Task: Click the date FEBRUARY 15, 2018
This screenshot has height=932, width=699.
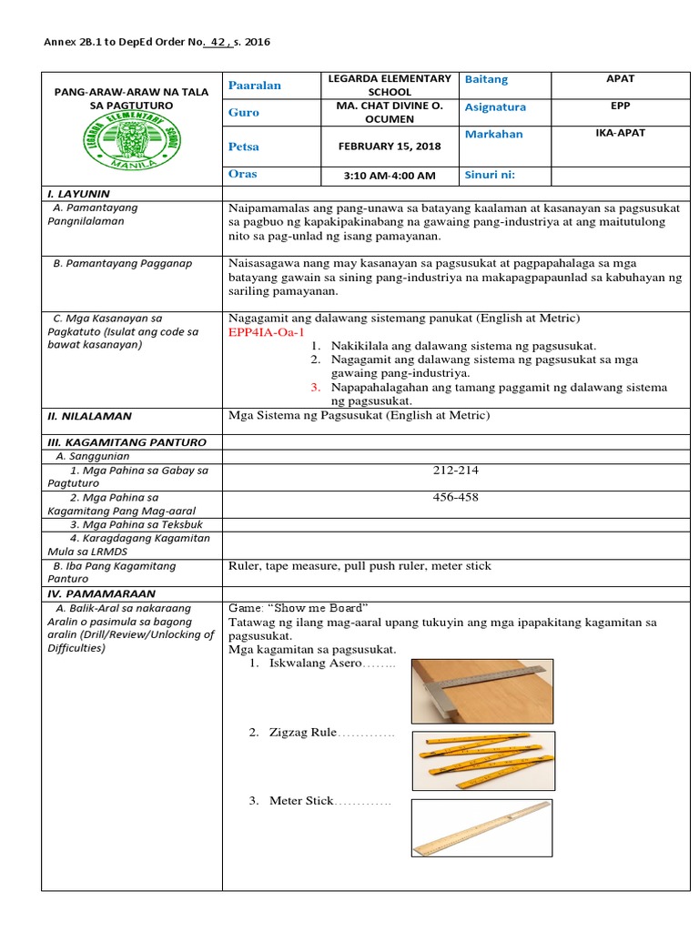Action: click(388, 147)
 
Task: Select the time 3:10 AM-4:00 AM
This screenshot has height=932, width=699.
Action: click(390, 176)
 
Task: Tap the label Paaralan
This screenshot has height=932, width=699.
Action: click(255, 85)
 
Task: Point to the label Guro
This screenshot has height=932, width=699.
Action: click(244, 112)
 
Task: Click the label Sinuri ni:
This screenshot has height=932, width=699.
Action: click(496, 174)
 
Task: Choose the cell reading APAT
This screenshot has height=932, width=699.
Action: click(620, 79)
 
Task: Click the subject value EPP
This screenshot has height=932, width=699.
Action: click(620, 106)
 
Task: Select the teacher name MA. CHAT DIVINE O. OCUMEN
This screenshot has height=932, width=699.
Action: click(389, 112)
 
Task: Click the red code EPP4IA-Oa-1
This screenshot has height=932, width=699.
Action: click(271, 332)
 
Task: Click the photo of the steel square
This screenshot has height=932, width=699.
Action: click(481, 691)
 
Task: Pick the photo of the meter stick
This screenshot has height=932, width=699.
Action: click(481, 827)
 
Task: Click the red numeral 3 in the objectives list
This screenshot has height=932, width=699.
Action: click(314, 387)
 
